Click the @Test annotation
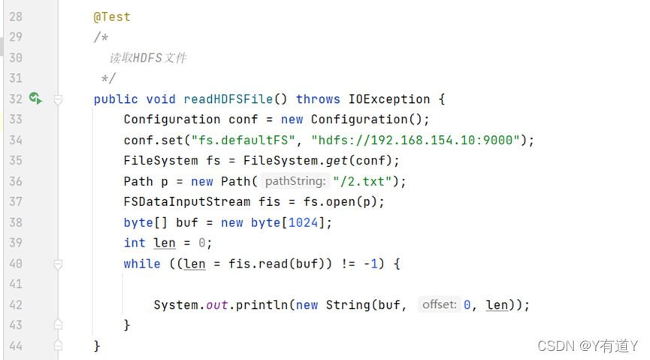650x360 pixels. (112, 17)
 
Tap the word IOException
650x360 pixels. (389, 99)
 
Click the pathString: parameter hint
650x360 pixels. (295, 181)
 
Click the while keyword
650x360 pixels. (142, 264)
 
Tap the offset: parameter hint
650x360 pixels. (439, 304)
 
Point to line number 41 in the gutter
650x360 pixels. (15, 284)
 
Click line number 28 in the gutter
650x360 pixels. (15, 17)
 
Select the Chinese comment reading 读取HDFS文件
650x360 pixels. (148, 58)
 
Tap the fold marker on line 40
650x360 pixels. (58, 264)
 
